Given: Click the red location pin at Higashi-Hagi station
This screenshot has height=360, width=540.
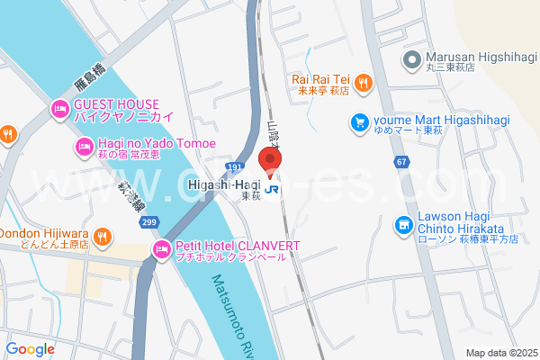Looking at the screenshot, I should coord(271,159).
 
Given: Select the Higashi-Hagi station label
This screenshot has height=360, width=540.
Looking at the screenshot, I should coord(225,184).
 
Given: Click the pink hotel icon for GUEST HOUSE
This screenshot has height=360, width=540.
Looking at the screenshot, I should coord(59,110).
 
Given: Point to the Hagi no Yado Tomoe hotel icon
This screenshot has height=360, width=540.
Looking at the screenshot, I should coord(84,147).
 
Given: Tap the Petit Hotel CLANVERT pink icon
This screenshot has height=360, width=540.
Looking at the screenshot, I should coord(162,249).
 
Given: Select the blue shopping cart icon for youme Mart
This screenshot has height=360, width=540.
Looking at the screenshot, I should coord(360,121).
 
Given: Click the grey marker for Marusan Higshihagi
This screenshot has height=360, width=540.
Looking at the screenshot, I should coord(412,60).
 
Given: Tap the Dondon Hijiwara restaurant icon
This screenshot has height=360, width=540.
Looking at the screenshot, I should coord(103,237).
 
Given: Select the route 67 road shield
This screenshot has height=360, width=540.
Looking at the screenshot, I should coord(400,161).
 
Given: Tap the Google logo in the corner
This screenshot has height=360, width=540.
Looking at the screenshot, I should coord(31,349).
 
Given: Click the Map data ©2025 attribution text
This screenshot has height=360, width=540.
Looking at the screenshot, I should coord(500,353).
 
